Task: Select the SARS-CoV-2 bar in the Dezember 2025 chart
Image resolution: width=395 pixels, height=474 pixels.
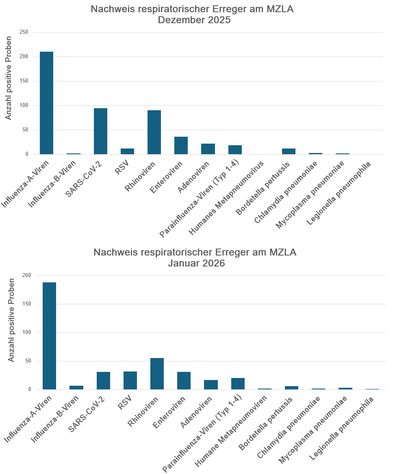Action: tap(100, 131)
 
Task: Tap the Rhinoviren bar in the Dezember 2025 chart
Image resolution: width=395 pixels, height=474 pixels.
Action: tap(154, 132)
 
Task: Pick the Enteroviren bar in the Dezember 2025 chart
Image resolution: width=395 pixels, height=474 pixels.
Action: tap(181, 146)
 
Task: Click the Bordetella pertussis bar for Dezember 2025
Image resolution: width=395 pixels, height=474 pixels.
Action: tap(289, 151)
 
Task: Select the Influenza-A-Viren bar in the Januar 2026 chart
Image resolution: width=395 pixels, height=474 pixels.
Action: tap(49, 336)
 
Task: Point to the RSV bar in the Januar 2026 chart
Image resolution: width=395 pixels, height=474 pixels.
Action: tap(130, 380)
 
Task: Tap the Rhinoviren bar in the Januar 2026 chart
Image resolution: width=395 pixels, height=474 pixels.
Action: tap(157, 374)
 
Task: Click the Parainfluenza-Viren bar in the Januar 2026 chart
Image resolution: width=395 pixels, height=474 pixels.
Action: tap(238, 384)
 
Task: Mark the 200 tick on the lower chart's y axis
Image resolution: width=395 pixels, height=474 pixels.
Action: tap(27, 275)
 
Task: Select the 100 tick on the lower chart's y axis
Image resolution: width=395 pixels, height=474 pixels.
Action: tap(27, 332)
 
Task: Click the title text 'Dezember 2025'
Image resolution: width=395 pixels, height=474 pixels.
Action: tap(194, 20)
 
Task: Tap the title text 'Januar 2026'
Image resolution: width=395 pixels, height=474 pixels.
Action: tap(197, 263)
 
